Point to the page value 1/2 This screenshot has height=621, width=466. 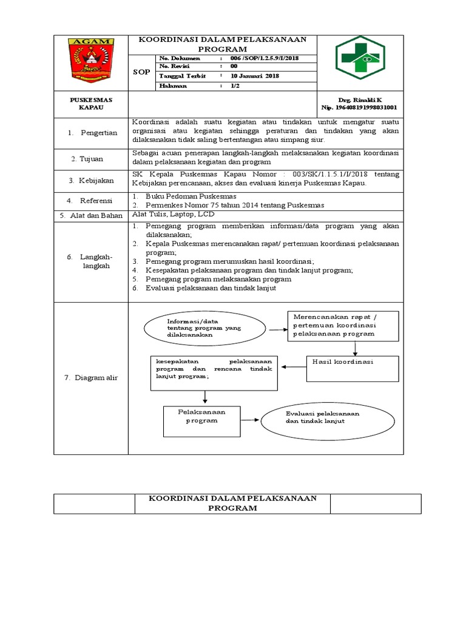234,86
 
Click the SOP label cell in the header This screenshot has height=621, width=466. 141,72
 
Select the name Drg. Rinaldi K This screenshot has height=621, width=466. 360,99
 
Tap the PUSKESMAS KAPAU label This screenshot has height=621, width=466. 90,103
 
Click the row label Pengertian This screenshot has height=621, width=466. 93,133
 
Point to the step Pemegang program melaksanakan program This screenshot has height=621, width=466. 218,279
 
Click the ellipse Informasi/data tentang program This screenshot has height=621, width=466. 204,327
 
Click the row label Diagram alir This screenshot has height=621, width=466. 91,378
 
